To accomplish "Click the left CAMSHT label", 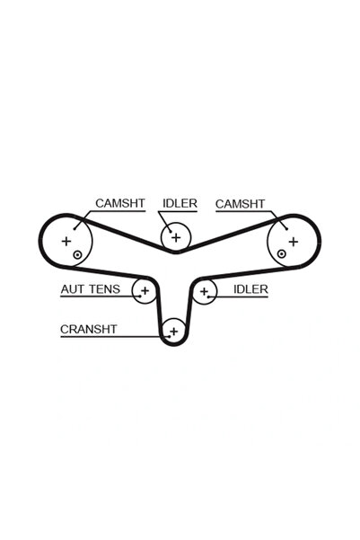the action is pos(120,203).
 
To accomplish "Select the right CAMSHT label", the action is pos(241,204).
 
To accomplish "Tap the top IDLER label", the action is pos(180,203).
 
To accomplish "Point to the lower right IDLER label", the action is pos(250,289).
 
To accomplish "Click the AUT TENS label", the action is pos(91,289).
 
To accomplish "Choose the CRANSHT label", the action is pos(89,329).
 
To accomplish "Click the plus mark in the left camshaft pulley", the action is pos(66,241).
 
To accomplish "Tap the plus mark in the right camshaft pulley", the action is pos(294,242).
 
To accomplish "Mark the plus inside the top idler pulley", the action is pos(176,237).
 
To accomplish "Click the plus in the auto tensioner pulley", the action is pos(145,290).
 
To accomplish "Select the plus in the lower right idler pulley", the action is pos(204,291).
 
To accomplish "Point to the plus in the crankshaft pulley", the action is pos(174,332).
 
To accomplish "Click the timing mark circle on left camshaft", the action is pos(77,255).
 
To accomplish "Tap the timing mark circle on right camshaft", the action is pos(282,254).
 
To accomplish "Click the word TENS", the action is pos(105,289).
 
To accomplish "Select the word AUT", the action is pos(72,289).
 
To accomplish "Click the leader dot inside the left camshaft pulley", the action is pos(75,228).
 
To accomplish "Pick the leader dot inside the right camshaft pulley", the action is pos(286,229).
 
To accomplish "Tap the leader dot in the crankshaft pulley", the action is pos(169,336).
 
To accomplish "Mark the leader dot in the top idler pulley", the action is pos(171,231).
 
